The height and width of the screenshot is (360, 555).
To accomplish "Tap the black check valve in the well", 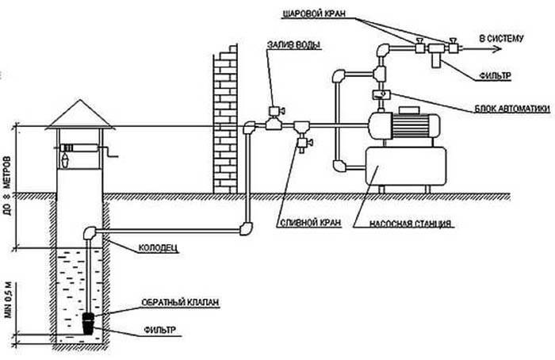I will coord(90,320).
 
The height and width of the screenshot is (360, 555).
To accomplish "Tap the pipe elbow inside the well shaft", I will coord(89,232).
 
